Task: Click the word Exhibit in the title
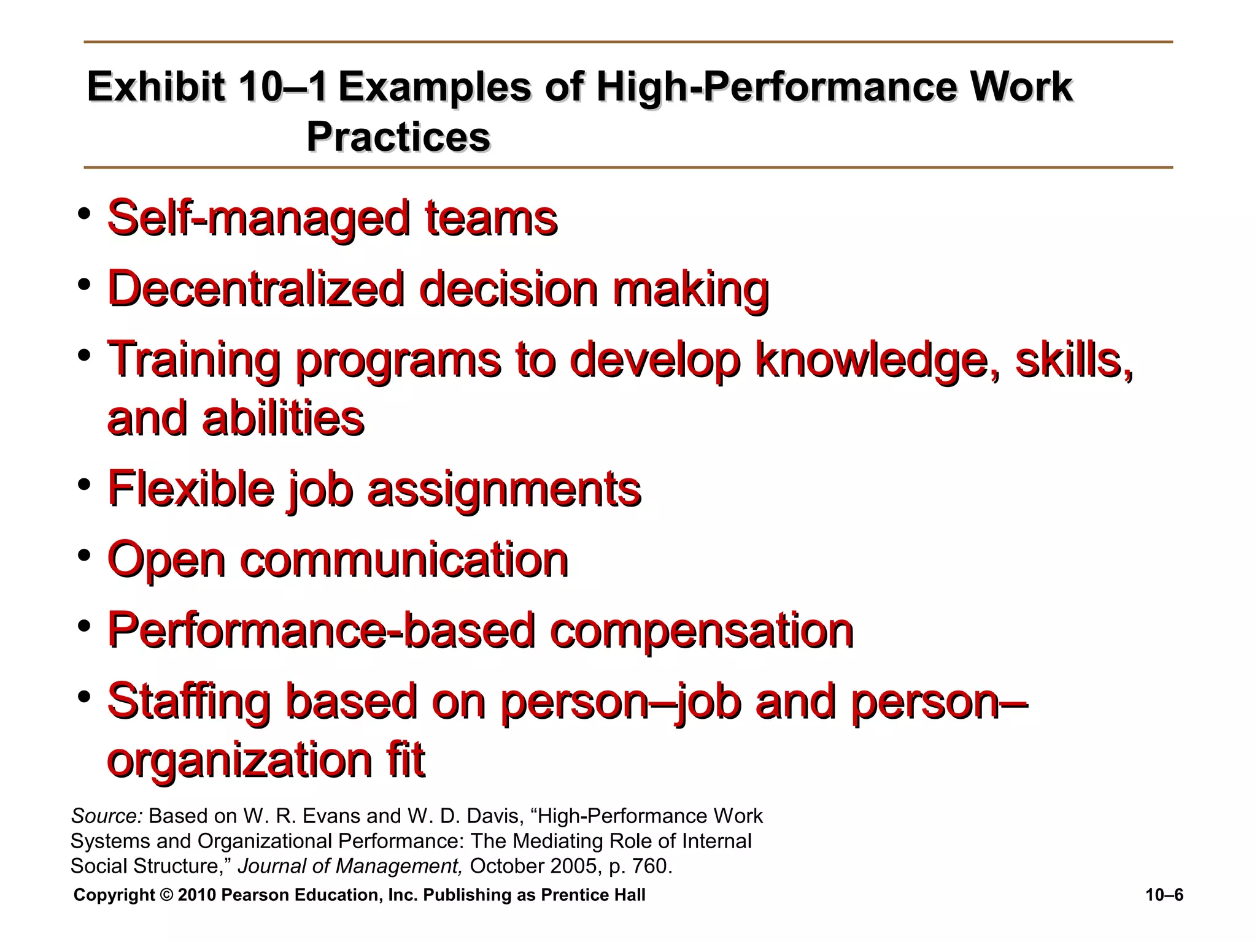tap(155, 87)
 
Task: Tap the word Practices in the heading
tap(398, 136)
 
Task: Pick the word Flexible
tap(190, 489)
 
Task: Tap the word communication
tap(404, 559)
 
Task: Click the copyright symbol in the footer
tap(166, 895)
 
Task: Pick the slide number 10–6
tap(1164, 895)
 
